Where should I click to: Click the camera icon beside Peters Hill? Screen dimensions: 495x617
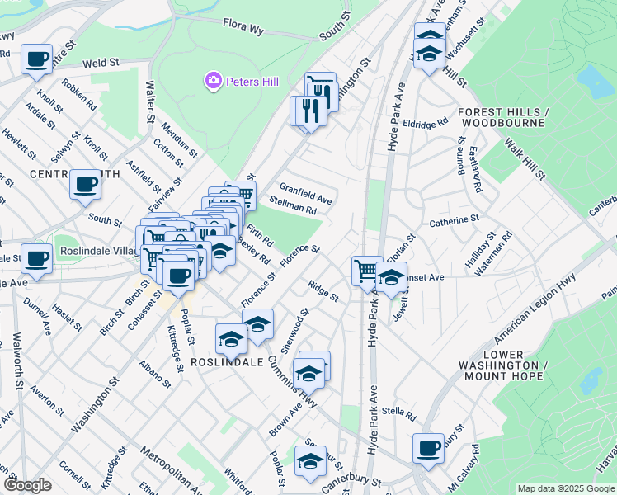click(x=214, y=81)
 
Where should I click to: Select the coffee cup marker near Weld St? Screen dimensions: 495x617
click(x=36, y=59)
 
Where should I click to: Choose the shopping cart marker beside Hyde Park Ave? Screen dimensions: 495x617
click(x=366, y=269)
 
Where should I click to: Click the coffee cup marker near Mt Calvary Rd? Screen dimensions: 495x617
click(x=428, y=448)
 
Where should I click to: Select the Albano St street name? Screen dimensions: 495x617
click(x=154, y=374)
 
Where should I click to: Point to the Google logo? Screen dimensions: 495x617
click(x=27, y=485)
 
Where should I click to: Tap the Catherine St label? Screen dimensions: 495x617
click(x=454, y=220)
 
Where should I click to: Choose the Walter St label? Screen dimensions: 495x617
click(x=150, y=101)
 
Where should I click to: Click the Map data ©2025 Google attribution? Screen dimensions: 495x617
click(x=566, y=488)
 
